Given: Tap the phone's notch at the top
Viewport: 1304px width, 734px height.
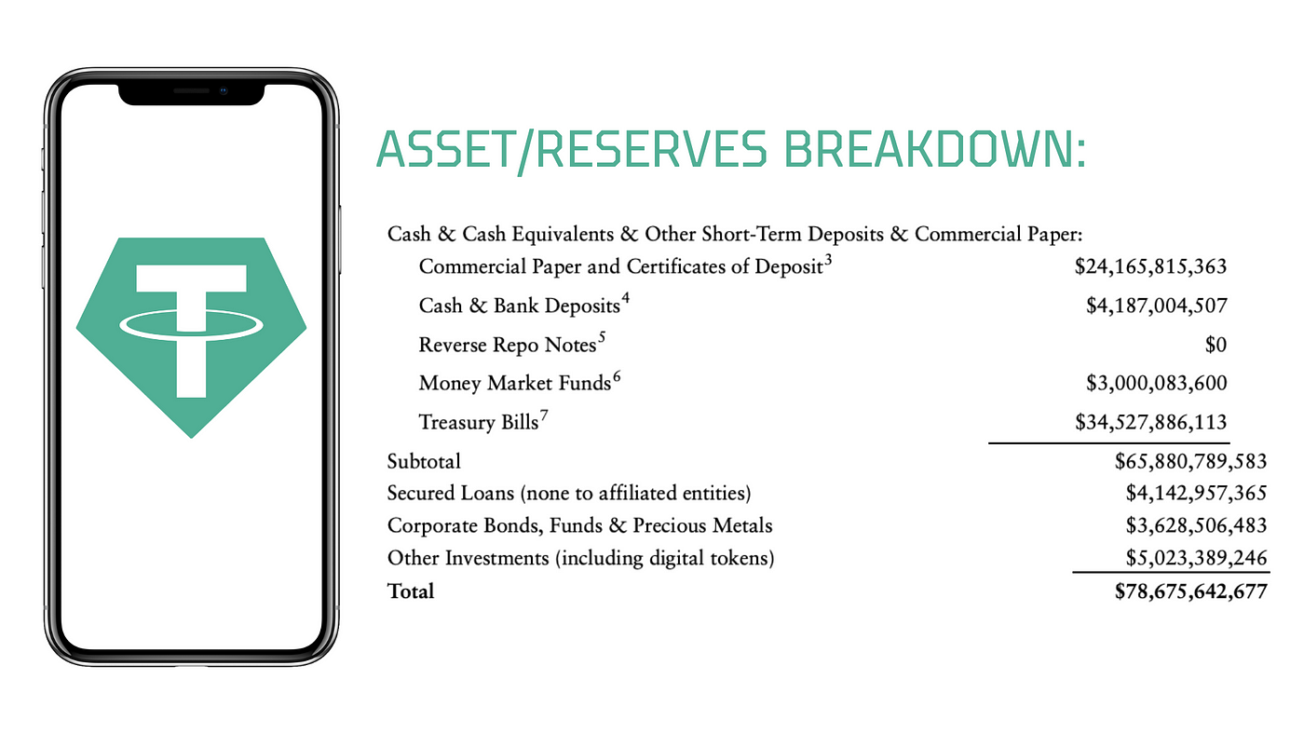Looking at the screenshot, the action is pyautogui.click(x=192, y=94).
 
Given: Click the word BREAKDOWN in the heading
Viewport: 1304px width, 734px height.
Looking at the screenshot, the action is pyautogui.click(x=935, y=150).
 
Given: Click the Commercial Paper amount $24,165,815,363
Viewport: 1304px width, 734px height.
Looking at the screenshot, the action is pyautogui.click(x=1150, y=266).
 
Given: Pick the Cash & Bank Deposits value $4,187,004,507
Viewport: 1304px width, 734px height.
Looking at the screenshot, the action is pyautogui.click(x=1156, y=306).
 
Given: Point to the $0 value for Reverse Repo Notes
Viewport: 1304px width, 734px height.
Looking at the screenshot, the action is pyautogui.click(x=1216, y=345).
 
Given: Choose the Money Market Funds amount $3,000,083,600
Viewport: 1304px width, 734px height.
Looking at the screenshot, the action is pyautogui.click(x=1156, y=383).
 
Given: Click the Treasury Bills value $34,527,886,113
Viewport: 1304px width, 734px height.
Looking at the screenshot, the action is pyautogui.click(x=1150, y=422).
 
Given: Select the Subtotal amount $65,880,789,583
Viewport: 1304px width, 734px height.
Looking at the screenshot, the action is pyautogui.click(x=1190, y=462).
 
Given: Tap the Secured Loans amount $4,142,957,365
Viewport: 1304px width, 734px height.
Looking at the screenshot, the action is pyautogui.click(x=1196, y=493).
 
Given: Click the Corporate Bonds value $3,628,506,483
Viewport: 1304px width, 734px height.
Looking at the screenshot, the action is pyautogui.click(x=1196, y=525).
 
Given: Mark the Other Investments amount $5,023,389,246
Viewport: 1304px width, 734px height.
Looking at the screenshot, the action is pyautogui.click(x=1196, y=558).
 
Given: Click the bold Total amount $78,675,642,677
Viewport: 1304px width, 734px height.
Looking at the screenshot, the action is pyautogui.click(x=1190, y=591).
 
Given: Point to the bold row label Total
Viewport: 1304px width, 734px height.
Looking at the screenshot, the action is pyautogui.click(x=411, y=591).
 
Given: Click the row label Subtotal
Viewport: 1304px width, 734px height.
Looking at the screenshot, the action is pyautogui.click(x=424, y=462).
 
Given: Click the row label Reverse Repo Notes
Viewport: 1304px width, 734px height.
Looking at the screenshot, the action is pyautogui.click(x=507, y=345).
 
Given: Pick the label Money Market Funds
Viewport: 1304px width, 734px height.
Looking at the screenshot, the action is pyautogui.click(x=514, y=383).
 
